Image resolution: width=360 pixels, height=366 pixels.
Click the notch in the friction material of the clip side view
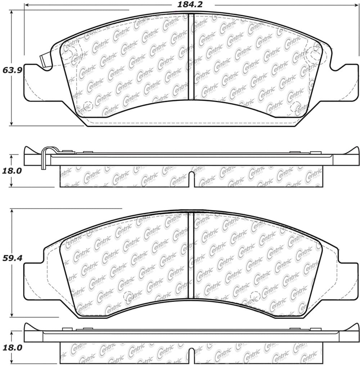coord(192,180)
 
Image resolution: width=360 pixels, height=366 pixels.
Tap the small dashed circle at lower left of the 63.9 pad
coord(87,106)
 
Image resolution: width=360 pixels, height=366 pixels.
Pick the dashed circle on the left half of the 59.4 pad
coord(129,297)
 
